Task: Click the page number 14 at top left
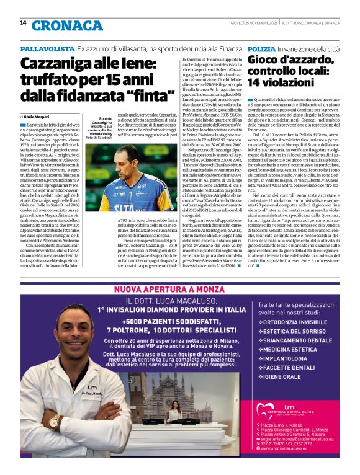[24, 23]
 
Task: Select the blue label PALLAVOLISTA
[47, 48]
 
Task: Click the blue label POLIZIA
[261, 48]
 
